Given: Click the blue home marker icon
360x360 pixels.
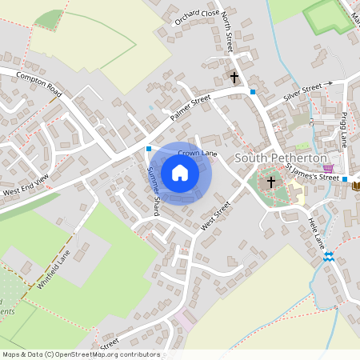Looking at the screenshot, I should click(x=180, y=173).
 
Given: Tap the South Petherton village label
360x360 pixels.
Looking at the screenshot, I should click(x=280, y=158).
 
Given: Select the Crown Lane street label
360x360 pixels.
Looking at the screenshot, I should click(x=198, y=152).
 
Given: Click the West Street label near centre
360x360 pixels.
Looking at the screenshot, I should click(x=216, y=216).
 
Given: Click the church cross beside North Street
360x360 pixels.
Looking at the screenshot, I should click(x=234, y=78).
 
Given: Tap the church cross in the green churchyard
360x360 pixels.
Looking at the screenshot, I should click(x=271, y=182).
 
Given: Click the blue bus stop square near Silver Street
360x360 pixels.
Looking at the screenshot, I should click(x=253, y=92).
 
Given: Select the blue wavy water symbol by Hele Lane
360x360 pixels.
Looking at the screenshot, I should click(x=328, y=256).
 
